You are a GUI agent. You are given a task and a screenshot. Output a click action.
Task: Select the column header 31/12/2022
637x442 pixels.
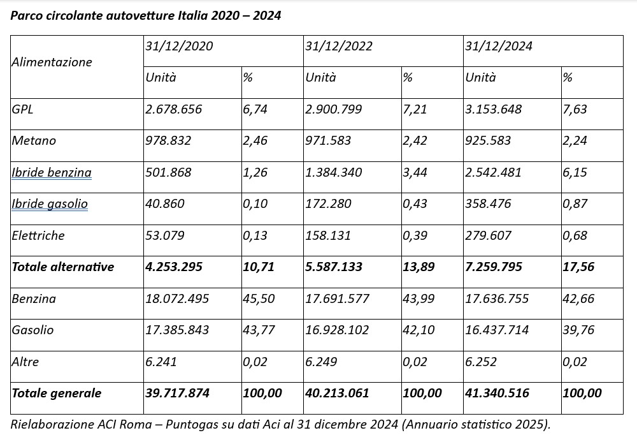[x=338, y=46]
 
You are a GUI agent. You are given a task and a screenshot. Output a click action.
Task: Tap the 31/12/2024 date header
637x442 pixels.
[x=499, y=46]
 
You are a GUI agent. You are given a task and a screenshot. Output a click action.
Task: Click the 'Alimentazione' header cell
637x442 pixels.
[x=52, y=63]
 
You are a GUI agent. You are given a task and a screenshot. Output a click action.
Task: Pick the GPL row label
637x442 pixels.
[x=22, y=109]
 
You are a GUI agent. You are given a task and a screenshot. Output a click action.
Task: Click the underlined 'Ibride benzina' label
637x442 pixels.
[x=52, y=172]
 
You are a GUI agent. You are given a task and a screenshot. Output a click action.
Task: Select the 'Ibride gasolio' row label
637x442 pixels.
[x=50, y=203]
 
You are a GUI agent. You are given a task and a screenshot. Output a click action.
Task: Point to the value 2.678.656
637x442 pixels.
[x=173, y=109]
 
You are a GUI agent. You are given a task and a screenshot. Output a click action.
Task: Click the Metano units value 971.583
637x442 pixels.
[x=328, y=141]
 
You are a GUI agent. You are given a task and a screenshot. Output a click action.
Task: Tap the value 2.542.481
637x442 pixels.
[x=493, y=172]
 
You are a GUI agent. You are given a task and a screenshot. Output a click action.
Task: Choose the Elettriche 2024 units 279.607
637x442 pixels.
[x=488, y=235]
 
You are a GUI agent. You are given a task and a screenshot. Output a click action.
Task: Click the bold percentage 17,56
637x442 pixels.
[x=578, y=267]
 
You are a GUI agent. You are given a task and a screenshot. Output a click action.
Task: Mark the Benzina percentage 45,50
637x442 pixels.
[x=259, y=299]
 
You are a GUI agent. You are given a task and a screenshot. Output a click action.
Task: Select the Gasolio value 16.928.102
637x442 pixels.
[x=337, y=330]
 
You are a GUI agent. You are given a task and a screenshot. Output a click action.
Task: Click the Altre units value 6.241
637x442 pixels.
[x=161, y=362]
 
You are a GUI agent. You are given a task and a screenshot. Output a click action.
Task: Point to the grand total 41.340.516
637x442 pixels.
[x=497, y=393]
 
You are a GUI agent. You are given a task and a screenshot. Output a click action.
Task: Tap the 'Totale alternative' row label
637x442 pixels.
[x=63, y=267]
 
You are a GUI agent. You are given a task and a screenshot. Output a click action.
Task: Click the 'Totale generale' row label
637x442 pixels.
[x=57, y=393]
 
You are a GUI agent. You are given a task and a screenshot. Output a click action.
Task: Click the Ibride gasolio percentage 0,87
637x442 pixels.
[x=575, y=203]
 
